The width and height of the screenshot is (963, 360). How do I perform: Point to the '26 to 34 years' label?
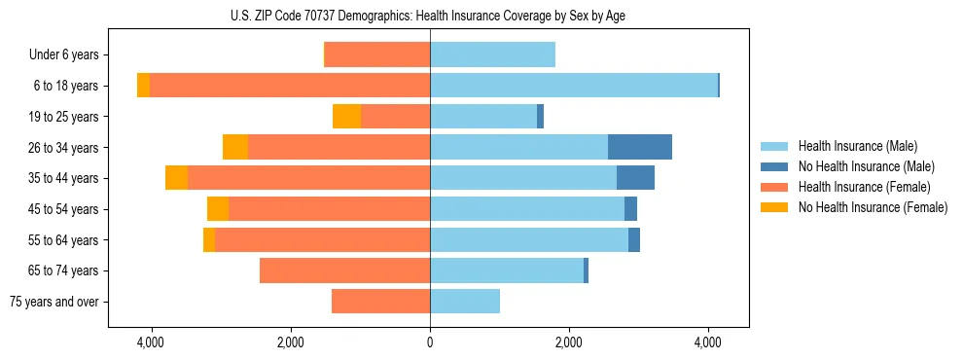[x=65, y=147]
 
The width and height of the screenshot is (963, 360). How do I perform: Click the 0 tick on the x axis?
[x=430, y=342]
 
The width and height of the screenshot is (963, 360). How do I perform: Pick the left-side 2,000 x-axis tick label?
[x=291, y=342]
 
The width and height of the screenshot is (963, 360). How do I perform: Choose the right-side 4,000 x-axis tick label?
[x=707, y=342]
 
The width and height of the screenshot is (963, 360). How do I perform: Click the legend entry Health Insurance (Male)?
[x=857, y=146]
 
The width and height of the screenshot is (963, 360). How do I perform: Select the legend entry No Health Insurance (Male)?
[x=866, y=166]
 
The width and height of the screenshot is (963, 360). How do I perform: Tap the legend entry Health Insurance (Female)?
[x=864, y=187]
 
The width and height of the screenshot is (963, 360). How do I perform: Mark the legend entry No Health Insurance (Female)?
[x=873, y=207]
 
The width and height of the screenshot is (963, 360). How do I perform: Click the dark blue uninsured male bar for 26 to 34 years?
[x=640, y=147]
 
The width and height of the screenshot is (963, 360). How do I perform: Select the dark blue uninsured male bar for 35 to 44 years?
[x=635, y=178]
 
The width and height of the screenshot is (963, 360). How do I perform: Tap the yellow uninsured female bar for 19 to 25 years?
[x=346, y=116]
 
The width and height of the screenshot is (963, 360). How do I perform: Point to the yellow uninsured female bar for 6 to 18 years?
[x=143, y=86]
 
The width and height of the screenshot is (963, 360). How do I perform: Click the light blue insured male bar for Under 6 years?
[x=492, y=54]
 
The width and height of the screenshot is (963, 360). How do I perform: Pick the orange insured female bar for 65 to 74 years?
[x=344, y=270]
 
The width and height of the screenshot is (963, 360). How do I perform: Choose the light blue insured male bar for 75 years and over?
[x=465, y=302]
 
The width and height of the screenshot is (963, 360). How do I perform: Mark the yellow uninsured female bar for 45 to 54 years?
[x=218, y=209]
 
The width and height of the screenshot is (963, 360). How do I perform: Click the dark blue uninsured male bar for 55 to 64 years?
[x=634, y=239]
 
